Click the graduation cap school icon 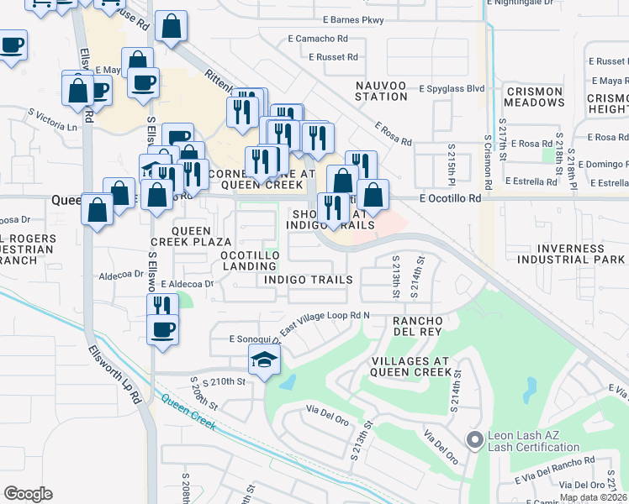point(264,360)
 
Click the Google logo point(28,494)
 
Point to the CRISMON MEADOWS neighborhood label point(534,97)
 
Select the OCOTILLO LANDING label point(249,260)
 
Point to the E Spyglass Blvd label point(451,87)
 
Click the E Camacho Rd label point(319,39)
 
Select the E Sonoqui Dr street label point(253,338)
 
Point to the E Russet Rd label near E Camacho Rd point(333,57)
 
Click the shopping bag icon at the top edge point(172,27)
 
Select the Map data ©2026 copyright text point(593,498)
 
